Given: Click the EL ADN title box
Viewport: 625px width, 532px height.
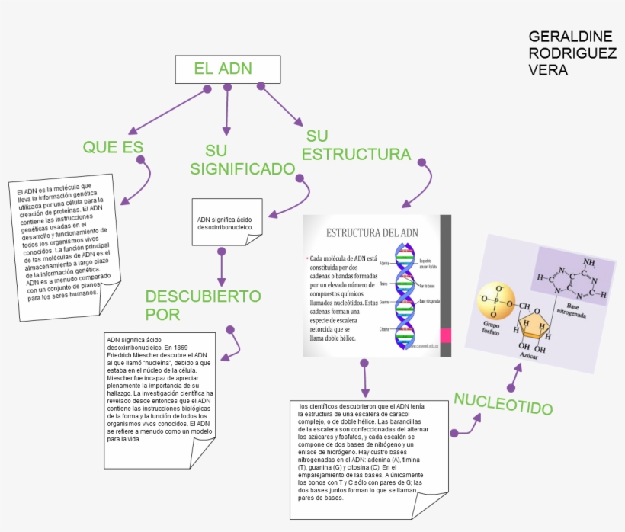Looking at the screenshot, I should tap(223, 69).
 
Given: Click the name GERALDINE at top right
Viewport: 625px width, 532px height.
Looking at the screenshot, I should tap(570, 37).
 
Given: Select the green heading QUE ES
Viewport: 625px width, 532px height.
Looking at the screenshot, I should tap(113, 147).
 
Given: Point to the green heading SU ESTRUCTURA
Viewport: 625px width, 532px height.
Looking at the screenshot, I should tap(356, 146).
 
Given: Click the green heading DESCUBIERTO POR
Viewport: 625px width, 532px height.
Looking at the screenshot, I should tap(203, 305).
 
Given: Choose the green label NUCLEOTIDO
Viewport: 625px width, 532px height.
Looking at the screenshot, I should tap(502, 403).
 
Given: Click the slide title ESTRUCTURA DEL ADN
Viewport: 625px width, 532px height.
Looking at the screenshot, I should tap(372, 232).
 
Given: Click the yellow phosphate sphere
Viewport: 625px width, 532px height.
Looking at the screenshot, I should tap(497, 301).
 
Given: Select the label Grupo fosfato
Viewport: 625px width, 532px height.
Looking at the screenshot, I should tap(490, 328).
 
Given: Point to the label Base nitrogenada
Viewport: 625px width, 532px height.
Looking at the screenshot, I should tap(575, 309).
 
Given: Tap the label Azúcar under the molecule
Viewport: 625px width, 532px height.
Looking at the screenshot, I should tap(530, 356).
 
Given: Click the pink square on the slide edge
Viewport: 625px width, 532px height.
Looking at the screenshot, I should tap(446, 335).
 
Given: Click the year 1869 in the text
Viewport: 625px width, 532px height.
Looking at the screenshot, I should tap(180, 347).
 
